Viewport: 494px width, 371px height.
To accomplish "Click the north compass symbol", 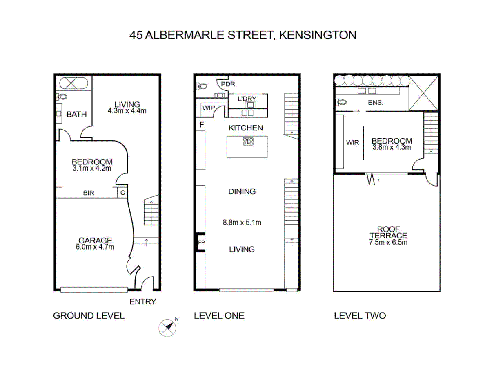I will [x=168, y=327].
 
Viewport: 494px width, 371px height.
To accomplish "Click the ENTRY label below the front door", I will [x=143, y=302].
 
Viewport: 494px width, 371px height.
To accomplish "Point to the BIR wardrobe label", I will [x=89, y=193].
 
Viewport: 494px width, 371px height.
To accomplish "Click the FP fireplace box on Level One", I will [x=201, y=243].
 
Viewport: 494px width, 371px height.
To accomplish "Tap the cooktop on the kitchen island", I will [x=248, y=142].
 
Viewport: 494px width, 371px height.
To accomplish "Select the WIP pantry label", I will [x=208, y=108].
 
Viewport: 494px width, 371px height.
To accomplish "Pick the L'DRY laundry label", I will [x=247, y=99].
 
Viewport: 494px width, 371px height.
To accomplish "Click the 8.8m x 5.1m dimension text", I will [x=242, y=223].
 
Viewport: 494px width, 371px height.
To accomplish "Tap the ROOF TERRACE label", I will [x=388, y=232].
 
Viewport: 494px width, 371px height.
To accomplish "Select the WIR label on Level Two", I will [x=352, y=143].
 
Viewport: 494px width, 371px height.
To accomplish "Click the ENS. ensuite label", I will [x=376, y=103].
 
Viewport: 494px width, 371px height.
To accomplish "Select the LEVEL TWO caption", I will [x=360, y=315].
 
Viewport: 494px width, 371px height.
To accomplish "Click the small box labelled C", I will [x=122, y=193].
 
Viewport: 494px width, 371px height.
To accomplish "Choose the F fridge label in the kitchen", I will [x=201, y=124].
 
